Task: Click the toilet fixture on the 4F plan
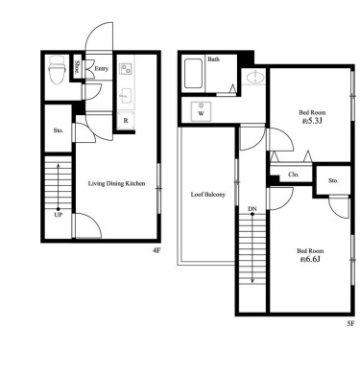57,70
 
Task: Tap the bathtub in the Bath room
193,74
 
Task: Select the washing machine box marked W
201,111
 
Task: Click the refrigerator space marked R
126,120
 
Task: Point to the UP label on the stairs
58,215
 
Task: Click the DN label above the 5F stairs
252,209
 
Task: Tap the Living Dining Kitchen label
116,183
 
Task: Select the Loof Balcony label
208,195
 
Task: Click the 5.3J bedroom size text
311,121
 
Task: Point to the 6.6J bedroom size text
310,259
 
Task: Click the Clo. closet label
294,175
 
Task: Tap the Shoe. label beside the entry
77,67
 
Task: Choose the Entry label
102,68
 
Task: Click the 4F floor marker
156,250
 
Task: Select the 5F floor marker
350,323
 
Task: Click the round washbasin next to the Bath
255,77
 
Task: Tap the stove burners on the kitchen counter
125,68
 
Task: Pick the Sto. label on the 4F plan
58,130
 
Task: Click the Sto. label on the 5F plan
333,180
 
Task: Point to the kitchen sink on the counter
126,95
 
